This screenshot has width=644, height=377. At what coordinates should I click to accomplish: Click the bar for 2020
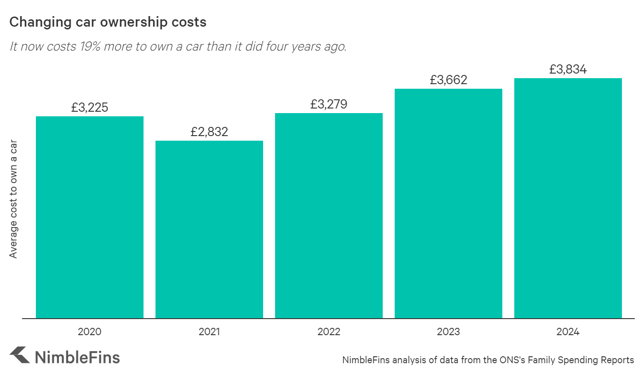pos(90,217)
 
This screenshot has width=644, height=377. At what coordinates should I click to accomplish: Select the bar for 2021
pos(209,229)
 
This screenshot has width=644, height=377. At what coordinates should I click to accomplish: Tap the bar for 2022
pos(329,215)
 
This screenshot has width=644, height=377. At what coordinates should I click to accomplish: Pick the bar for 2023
pos(448,203)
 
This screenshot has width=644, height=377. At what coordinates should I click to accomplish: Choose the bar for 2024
pos(568,198)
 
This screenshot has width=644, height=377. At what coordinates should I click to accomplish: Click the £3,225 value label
pos(90,108)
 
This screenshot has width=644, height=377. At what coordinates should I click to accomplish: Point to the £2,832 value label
pos(209,132)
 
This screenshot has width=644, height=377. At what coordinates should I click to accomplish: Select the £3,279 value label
pos(329,104)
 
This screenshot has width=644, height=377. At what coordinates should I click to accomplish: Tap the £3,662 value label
pos(448,80)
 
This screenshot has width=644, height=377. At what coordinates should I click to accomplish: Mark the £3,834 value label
pos(568,69)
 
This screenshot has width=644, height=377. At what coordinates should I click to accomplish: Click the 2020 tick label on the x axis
pos(90,331)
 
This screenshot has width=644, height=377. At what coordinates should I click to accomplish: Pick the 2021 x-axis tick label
pos(209,331)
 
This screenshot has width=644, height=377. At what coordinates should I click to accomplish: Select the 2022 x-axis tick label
pos(329,331)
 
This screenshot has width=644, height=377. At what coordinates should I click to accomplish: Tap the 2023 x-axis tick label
pos(448,331)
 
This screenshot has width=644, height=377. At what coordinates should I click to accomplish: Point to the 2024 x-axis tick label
pos(568,331)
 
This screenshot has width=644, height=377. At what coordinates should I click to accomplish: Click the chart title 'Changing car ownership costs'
pos(108,22)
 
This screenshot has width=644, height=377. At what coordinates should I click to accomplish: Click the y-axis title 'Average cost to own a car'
pos(13,199)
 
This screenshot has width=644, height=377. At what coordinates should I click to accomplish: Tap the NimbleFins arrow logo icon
pos(19,355)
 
